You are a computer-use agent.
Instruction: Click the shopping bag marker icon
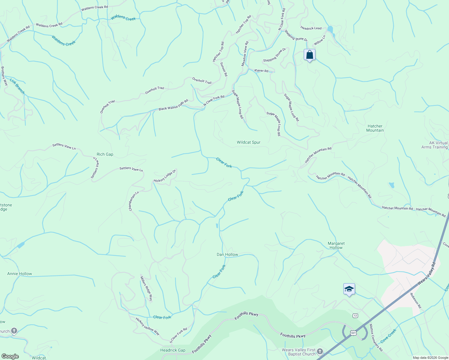coord(309,55)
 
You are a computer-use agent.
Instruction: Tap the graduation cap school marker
coord(349,289)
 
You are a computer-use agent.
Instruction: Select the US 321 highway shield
coord(353,333)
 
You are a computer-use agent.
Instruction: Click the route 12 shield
coord(355,315)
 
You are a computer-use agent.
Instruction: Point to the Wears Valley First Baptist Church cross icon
coord(320,351)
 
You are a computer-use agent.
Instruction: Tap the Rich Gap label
coord(105,154)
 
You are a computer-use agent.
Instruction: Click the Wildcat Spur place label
coord(249,142)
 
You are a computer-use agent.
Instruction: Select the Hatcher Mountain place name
coord(375,128)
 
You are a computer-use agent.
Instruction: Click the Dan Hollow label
coord(227,254)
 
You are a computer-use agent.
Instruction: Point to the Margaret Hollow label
coord(336,245)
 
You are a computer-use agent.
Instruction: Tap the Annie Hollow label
coord(20,274)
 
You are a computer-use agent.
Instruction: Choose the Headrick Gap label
coord(173,350)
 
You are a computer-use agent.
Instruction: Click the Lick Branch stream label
coord(17,86)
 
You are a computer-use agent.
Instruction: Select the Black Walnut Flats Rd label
coord(173,105)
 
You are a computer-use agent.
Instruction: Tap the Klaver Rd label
coord(261,70)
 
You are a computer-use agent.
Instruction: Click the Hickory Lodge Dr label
coord(164,176)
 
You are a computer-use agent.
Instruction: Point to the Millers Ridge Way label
coord(146,289)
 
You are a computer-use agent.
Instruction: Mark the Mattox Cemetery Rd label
coord(376,337)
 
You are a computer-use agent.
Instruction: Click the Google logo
coord(10,356)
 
